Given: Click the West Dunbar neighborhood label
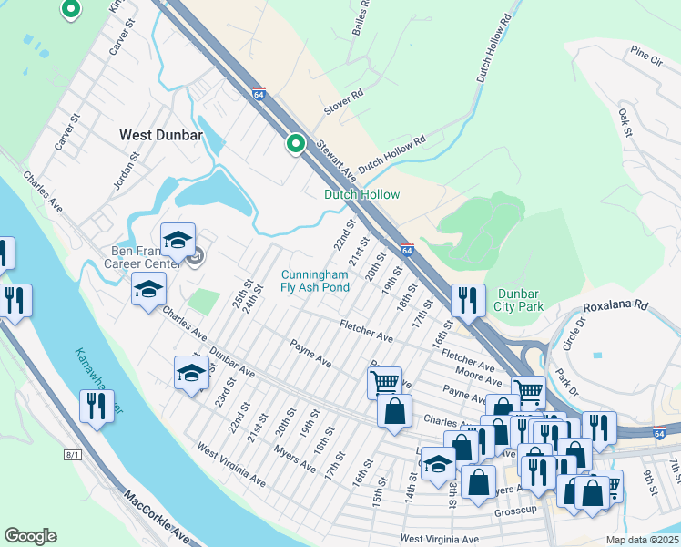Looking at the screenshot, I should [x=161, y=135].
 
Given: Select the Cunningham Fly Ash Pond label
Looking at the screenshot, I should [x=315, y=281].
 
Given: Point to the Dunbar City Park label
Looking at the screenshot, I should [x=520, y=300].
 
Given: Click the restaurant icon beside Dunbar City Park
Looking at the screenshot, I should [x=468, y=301].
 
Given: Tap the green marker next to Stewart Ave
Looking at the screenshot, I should [x=295, y=143].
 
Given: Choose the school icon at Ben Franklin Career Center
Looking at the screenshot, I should [x=178, y=240].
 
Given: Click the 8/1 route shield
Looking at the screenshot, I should [x=73, y=454].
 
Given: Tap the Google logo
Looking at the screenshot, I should [x=31, y=536].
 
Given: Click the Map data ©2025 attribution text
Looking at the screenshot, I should [x=643, y=540].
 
